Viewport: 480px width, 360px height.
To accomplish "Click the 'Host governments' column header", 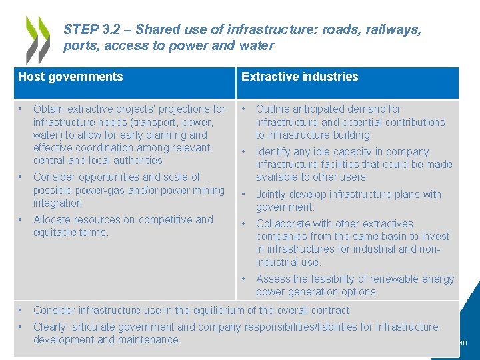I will click(x=71, y=77).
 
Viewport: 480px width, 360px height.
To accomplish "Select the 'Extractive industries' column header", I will click(x=299, y=77).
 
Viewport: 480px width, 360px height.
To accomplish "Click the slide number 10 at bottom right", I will click(x=463, y=343).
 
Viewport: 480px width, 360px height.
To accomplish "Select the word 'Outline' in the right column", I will click(x=274, y=109).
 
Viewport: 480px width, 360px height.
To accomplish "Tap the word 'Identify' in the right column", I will click(x=275, y=152).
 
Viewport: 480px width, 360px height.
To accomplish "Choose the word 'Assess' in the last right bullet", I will click(x=273, y=279).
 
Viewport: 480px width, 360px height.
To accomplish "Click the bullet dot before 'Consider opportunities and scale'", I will click(x=21, y=177).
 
